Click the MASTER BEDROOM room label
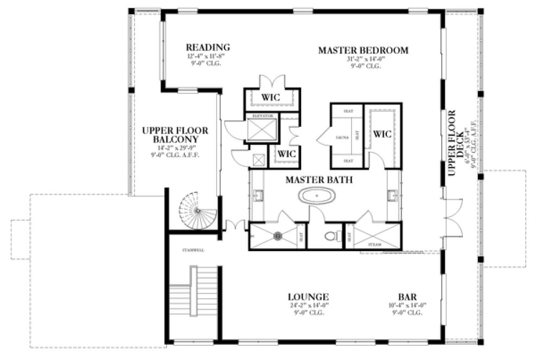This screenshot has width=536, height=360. point(362,50)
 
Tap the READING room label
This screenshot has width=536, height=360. point(208,47)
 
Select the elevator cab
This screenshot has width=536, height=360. point(262,128)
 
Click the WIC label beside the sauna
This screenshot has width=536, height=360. point(382,134)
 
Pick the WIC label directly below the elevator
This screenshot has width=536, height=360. point(286,154)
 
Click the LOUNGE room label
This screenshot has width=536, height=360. point(308,297)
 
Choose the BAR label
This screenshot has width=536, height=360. point(407,297)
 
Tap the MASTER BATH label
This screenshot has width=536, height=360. point(320,179)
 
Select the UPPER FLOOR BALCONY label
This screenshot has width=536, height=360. point(175,135)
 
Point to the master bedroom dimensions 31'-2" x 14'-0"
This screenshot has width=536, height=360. point(362,60)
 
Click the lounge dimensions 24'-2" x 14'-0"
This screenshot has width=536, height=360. point(308,306)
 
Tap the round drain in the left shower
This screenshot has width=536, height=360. point(278,236)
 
